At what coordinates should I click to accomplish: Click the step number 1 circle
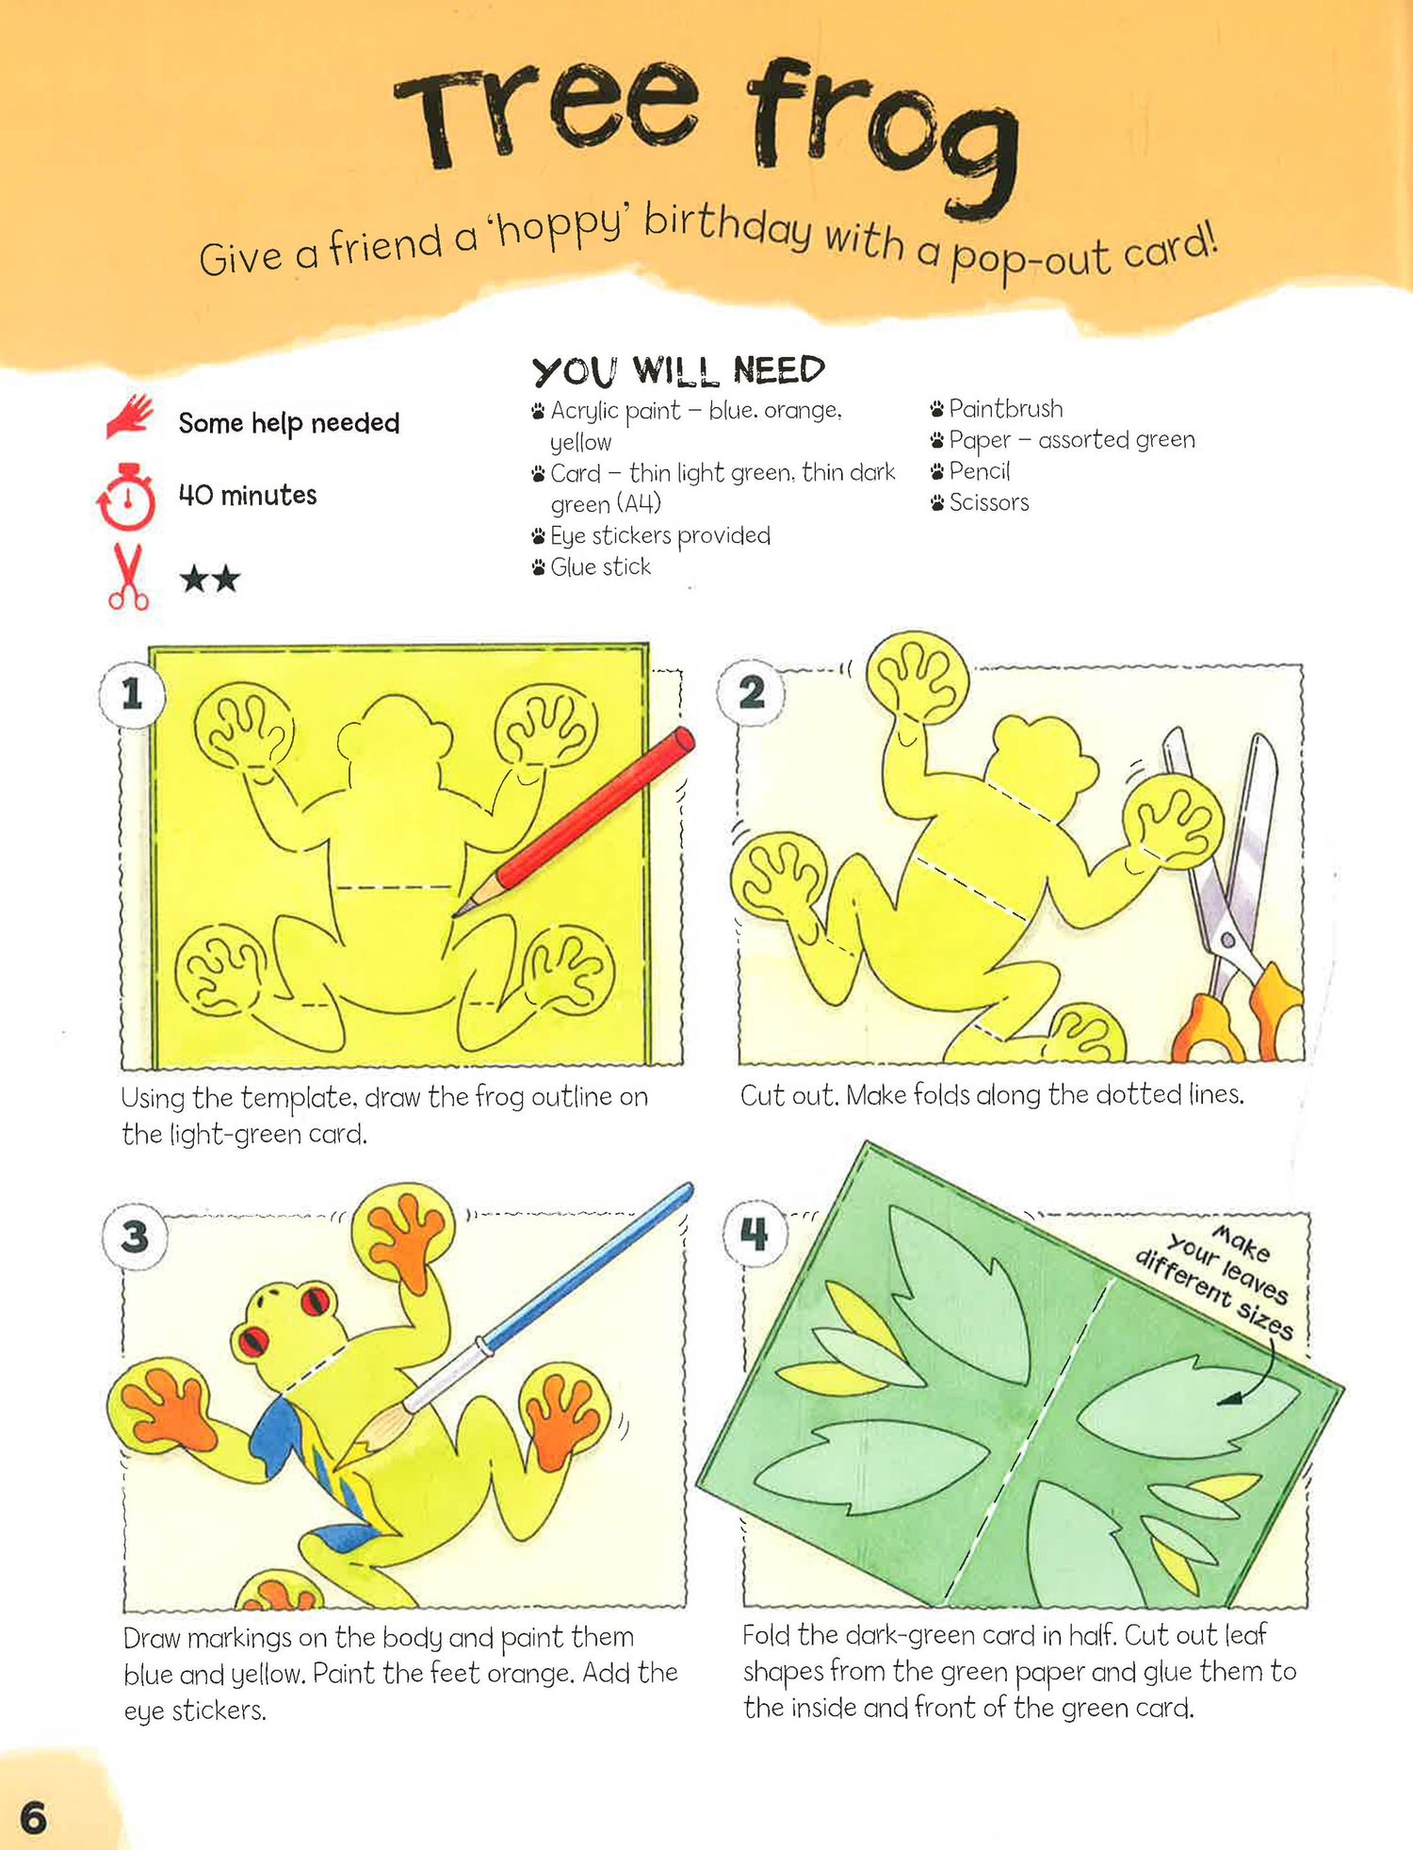point(133,695)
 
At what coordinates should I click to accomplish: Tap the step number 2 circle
point(751,693)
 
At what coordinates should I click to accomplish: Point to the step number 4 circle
point(755,1234)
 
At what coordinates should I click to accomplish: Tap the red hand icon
point(130,417)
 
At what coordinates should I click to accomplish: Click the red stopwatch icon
point(126,496)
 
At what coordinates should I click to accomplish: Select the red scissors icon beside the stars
point(129,576)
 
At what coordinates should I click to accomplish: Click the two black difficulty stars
point(210,578)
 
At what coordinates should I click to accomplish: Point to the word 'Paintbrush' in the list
point(1005,408)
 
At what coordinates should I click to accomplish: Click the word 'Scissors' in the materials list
point(989,502)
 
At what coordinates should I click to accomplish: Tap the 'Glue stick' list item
point(600,566)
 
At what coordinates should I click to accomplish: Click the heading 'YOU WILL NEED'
point(678,370)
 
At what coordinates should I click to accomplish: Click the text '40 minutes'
point(248,495)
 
